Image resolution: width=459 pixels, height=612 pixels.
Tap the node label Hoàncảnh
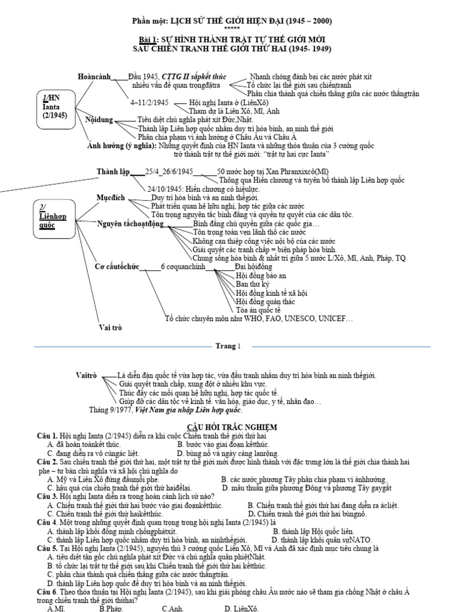[96, 76]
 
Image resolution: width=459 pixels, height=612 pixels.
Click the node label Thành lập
[113, 172]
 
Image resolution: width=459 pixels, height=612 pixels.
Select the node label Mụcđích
[111, 197]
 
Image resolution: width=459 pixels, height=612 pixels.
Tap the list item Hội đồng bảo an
[261, 276]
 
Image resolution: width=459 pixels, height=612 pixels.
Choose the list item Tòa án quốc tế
[258, 311]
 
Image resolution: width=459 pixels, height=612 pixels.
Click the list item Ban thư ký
[253, 284]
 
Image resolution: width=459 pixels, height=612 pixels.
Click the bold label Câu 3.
[47, 497]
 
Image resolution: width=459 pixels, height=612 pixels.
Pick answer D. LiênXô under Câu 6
[241, 608]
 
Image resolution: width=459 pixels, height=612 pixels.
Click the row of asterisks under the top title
[231, 29]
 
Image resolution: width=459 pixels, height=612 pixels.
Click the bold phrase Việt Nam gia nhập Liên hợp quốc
[188, 411]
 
